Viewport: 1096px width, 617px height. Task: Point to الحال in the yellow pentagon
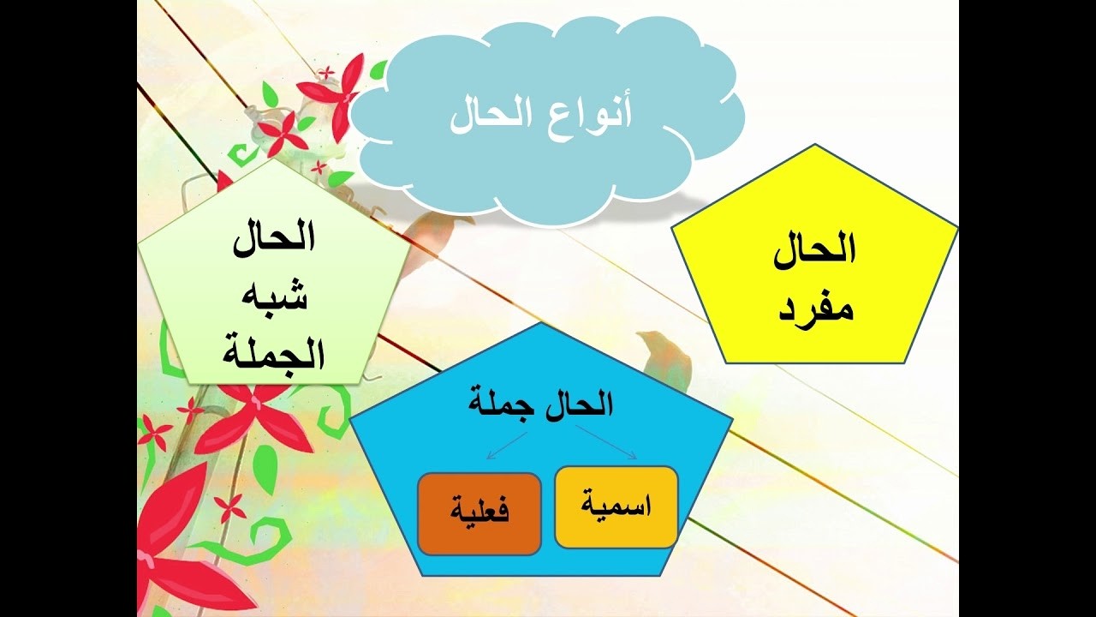click(x=815, y=250)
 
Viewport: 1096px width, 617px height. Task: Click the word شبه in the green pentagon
click(x=275, y=297)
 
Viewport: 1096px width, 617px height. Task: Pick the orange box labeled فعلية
click(x=479, y=513)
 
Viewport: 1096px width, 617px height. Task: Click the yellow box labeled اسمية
click(x=616, y=507)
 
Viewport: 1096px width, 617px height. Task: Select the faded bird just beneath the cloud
click(x=432, y=236)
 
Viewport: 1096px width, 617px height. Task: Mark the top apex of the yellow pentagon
click(x=814, y=145)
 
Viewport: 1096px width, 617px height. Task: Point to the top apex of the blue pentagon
click(x=541, y=324)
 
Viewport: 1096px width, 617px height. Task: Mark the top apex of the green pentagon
click(x=273, y=160)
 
